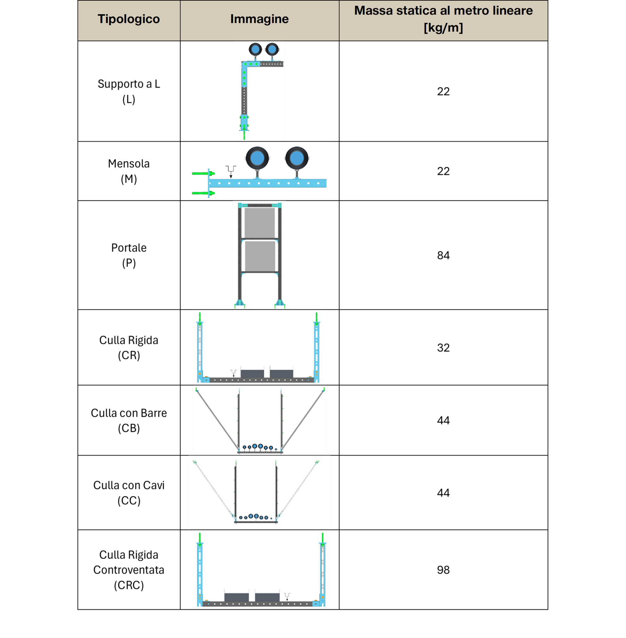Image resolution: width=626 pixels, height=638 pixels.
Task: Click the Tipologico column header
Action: pos(129,19)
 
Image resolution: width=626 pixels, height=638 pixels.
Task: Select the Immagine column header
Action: pos(259,19)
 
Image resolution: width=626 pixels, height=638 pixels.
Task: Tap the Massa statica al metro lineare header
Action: pos(443,19)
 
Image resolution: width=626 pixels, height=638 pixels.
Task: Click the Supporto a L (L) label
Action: pos(129,92)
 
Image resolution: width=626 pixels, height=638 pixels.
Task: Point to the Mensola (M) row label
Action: pos(129,171)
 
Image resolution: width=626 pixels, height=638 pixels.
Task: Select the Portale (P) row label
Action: pos(129,255)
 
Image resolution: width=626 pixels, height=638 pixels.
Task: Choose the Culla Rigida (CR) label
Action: pos(129,348)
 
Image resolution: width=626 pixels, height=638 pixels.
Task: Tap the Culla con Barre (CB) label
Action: pos(129,420)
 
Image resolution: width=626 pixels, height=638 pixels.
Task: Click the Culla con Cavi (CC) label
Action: pos(129,493)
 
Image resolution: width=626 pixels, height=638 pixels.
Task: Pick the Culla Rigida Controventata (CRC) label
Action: pos(129,570)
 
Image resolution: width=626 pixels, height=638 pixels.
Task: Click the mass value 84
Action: pos(443,255)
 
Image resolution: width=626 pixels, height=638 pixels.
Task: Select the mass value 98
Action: pos(443,570)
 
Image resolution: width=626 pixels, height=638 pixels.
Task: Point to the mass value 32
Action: pos(443,348)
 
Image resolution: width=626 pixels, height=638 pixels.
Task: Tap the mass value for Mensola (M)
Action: pos(443,171)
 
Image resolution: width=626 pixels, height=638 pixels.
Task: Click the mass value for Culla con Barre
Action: pos(443,420)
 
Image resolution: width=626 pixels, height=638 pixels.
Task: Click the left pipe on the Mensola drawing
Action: pos(257,158)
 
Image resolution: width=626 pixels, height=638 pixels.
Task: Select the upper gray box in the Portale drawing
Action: pos(260,223)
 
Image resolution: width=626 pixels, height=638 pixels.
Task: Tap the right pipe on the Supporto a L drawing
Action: pos(272,49)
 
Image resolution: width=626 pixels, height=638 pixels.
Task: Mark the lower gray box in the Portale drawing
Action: pos(260,255)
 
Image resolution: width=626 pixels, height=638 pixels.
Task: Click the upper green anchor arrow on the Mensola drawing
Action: pos(203,173)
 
